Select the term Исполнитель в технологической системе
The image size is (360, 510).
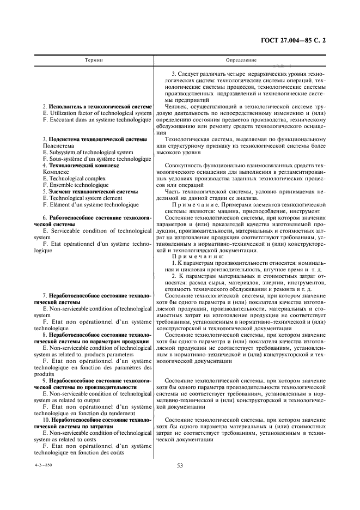[100, 106]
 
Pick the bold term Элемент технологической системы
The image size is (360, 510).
[93, 192]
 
